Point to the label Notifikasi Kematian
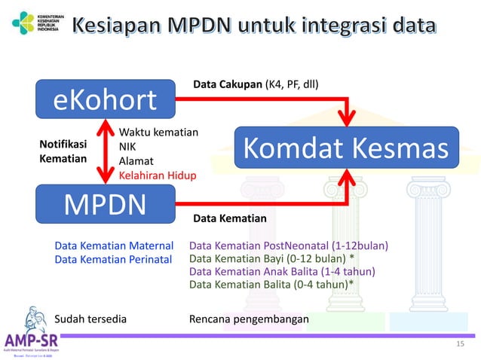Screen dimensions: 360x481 [63, 151]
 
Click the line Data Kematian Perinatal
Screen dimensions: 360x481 [114, 259]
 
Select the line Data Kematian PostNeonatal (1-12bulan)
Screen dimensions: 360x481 [289, 246]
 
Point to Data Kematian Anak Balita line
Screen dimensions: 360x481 [282, 271]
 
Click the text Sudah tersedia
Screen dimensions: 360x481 [91, 319]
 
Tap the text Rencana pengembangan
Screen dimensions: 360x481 [250, 319]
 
